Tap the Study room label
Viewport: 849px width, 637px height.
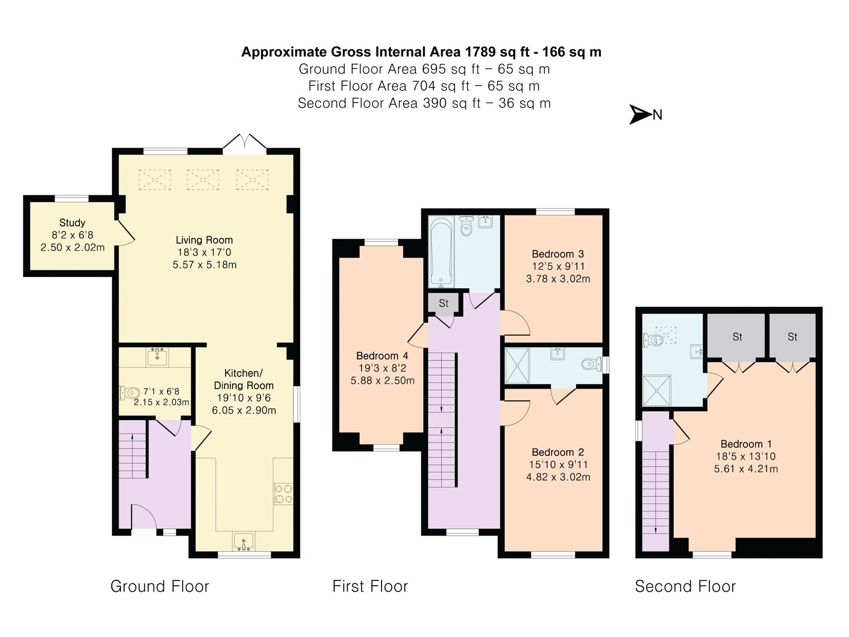tap(72, 223)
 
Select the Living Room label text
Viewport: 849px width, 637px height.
tap(204, 240)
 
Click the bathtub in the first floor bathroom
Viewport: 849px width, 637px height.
tap(441, 252)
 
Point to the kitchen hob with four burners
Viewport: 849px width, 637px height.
tap(283, 494)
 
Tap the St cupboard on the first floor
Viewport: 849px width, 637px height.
tap(443, 304)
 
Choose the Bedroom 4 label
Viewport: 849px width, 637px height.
tap(382, 356)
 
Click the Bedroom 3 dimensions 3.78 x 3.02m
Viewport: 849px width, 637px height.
tap(558, 279)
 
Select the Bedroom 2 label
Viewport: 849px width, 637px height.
tap(558, 452)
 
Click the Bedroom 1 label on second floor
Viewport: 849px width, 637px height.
tap(746, 444)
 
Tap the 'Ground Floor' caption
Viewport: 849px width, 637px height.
tap(160, 587)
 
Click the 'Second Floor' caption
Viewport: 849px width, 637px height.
tap(686, 587)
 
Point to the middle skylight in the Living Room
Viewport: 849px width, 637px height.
tap(203, 179)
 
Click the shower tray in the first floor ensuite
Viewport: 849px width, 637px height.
tap(517, 366)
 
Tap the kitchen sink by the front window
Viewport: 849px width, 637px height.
tap(244, 541)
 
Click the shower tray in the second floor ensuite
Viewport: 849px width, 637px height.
tap(656, 390)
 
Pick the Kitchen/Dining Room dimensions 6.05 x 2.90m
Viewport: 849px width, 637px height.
tap(244, 410)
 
